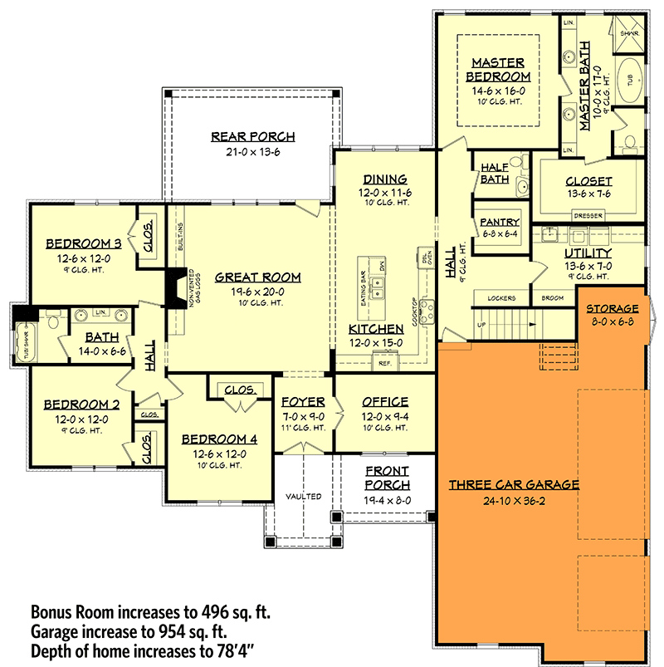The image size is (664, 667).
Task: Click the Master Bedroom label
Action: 497,69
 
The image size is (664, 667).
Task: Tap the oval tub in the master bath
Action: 631,81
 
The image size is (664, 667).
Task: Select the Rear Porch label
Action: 253,137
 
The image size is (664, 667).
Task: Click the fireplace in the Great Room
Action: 176,290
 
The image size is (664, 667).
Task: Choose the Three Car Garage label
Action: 513,484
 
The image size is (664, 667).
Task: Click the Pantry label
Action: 500,222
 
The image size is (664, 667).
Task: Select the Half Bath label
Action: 494,174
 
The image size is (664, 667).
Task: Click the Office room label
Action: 385,401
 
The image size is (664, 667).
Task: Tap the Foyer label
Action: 302,401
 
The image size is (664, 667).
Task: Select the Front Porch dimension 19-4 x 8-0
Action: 387,500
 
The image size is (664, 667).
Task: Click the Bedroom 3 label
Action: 84,243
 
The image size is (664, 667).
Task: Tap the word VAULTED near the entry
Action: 303,497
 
